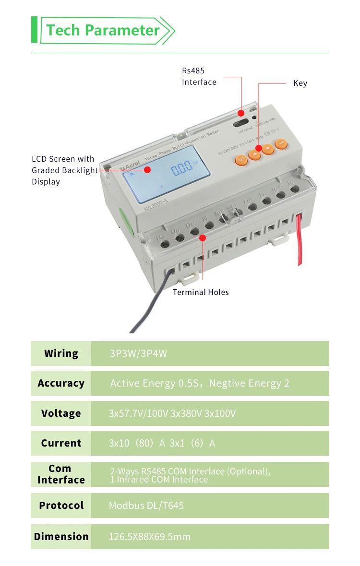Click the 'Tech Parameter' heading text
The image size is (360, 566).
[103, 30]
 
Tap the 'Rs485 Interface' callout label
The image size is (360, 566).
[199, 76]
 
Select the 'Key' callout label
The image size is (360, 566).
[300, 83]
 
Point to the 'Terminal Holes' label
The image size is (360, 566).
[201, 292]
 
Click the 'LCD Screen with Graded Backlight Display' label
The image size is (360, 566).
[63, 170]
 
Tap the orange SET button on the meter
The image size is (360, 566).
[241, 159]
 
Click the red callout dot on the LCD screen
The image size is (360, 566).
[148, 169]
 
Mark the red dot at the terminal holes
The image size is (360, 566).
[203, 237]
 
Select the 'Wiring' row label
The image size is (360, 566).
[61, 354]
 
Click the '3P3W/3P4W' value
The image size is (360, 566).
[138, 354]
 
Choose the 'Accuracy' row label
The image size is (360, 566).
[61, 383]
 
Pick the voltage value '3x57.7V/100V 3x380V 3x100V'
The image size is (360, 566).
[172, 413]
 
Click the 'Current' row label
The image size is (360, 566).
[61, 443]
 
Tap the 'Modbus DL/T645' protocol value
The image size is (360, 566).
[146, 505]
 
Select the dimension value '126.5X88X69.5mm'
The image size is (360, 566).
[149, 537]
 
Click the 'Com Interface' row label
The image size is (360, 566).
[61, 474]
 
